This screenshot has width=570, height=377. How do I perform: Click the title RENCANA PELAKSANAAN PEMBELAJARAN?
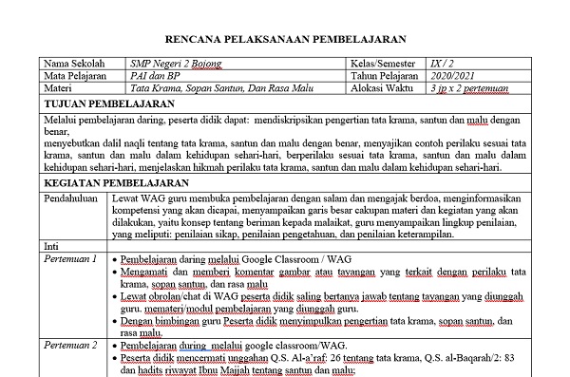(285, 41)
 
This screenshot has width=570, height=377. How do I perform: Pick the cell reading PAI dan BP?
(149, 77)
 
